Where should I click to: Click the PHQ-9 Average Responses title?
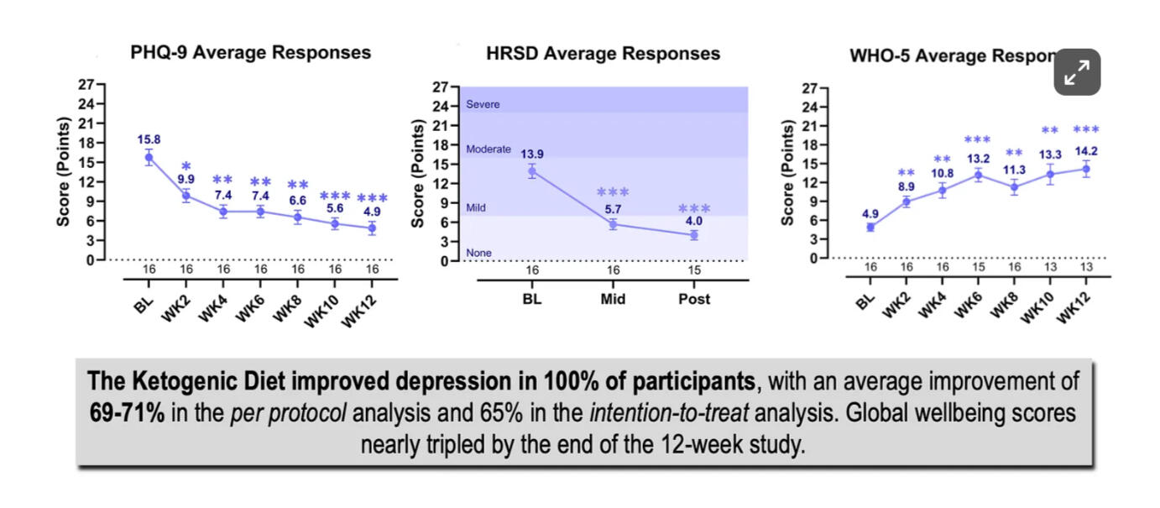[250, 52]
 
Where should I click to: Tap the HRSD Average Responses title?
[603, 54]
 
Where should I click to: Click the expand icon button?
[1077, 73]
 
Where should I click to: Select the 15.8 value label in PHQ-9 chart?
[149, 139]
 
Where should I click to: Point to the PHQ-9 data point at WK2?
[186, 196]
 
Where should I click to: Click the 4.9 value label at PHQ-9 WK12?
[372, 212]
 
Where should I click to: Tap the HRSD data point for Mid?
[613, 224]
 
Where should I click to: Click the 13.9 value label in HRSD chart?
[532, 154]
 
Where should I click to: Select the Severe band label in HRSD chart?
[483, 105]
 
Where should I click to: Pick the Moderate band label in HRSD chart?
[488, 149]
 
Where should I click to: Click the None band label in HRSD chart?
[478, 253]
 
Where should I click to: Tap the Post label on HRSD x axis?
[693, 299]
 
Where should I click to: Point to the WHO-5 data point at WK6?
[977, 175]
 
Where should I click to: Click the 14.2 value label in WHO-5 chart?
[1086, 152]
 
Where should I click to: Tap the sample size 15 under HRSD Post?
[693, 270]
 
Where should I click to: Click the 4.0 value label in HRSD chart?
[693, 221]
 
